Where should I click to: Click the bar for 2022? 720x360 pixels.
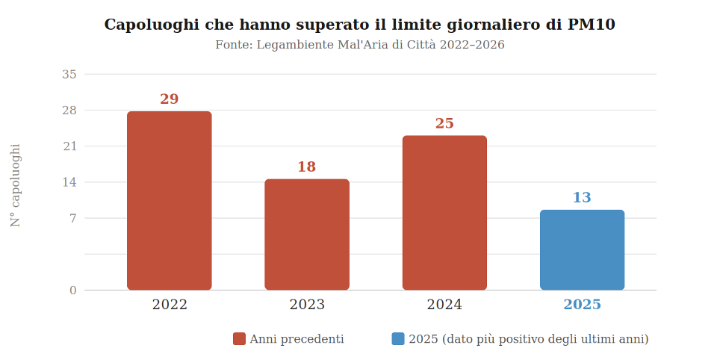coord(170,200)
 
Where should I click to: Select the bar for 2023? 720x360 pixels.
coord(307,234)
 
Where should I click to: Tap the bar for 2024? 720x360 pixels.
coord(444,212)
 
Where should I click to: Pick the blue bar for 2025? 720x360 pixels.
coord(582,249)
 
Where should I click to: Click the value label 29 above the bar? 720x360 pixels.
coord(170,99)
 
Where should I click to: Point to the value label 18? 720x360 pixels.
coord(307,167)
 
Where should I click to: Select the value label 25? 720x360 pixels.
coord(444,124)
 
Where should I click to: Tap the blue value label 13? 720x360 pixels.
coord(582,198)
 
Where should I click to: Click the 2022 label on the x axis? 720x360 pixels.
coord(170,305)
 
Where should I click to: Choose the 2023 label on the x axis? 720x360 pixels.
coord(307,305)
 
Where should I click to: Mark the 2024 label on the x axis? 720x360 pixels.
coord(444,305)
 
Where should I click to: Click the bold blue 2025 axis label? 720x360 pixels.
coord(582,305)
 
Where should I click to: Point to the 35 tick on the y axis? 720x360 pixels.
coord(69,74)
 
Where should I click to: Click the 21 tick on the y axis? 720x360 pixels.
coord(69,146)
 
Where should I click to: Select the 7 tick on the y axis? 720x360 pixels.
coord(73,218)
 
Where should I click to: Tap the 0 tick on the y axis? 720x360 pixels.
coord(73,291)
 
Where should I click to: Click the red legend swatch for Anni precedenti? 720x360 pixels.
coord(239,339)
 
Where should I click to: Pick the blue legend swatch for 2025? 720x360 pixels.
coord(398,339)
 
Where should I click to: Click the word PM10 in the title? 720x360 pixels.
coord(591,25)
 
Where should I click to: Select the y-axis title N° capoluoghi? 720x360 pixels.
coord(16,185)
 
